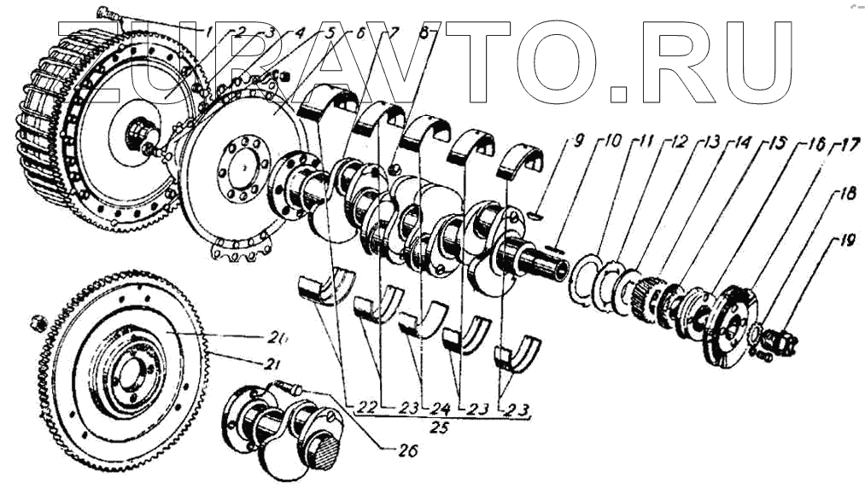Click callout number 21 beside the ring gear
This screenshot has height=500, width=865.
(271, 364)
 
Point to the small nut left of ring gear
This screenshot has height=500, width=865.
(38, 323)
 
